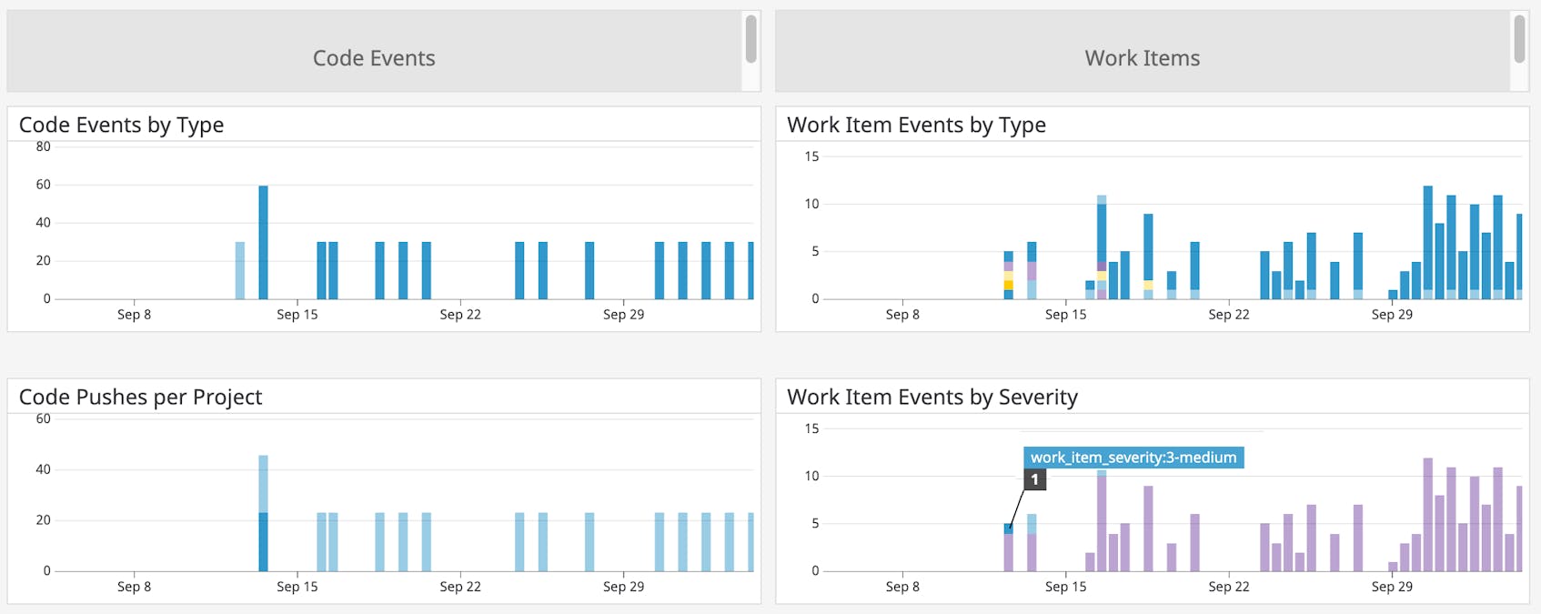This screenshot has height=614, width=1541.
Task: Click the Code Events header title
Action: click(374, 58)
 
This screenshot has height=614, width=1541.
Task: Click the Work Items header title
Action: click(1142, 58)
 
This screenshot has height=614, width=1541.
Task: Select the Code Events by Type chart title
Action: click(121, 125)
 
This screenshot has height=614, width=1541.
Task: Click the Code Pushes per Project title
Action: click(140, 397)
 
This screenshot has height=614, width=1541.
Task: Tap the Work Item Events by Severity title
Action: click(932, 397)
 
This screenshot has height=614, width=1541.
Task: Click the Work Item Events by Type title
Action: click(916, 125)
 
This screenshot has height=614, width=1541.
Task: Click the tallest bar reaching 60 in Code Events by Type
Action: click(263, 242)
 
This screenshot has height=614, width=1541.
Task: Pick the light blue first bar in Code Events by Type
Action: click(240, 270)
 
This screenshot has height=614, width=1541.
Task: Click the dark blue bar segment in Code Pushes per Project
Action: click(263, 542)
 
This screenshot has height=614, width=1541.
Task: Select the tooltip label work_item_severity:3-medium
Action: click(1133, 458)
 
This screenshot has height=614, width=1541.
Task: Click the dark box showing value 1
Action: click(1034, 479)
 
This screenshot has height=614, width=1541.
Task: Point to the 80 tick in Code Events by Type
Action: click(43, 146)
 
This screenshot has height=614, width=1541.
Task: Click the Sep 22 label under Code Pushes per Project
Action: click(460, 587)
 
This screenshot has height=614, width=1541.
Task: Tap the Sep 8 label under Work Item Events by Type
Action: click(902, 315)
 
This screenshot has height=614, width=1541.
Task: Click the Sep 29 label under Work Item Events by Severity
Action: click(1392, 587)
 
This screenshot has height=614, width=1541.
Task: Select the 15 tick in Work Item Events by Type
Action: click(811, 156)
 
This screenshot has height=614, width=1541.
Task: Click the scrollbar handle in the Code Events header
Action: click(750, 39)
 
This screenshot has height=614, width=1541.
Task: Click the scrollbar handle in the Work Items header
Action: click(1519, 39)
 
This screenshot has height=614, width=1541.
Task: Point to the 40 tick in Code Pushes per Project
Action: click(43, 469)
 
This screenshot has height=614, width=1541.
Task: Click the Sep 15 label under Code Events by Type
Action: click(297, 315)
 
